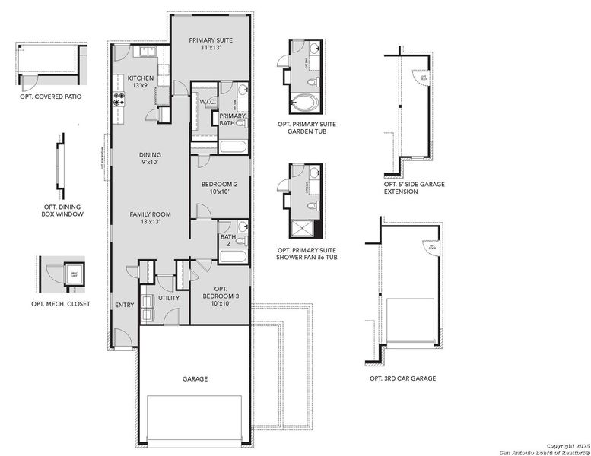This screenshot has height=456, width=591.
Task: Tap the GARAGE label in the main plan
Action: [x=195, y=378]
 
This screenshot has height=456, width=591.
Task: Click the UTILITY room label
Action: [x=169, y=298]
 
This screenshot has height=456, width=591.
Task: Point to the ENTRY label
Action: [x=124, y=306]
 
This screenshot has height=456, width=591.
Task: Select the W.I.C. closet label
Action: [x=209, y=104]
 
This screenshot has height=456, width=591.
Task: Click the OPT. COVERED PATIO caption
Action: [x=52, y=97]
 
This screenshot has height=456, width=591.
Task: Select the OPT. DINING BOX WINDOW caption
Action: [x=62, y=210]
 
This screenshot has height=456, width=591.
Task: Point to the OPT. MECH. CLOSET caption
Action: [x=61, y=304]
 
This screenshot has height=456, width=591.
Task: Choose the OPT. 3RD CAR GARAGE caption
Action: [x=402, y=378]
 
